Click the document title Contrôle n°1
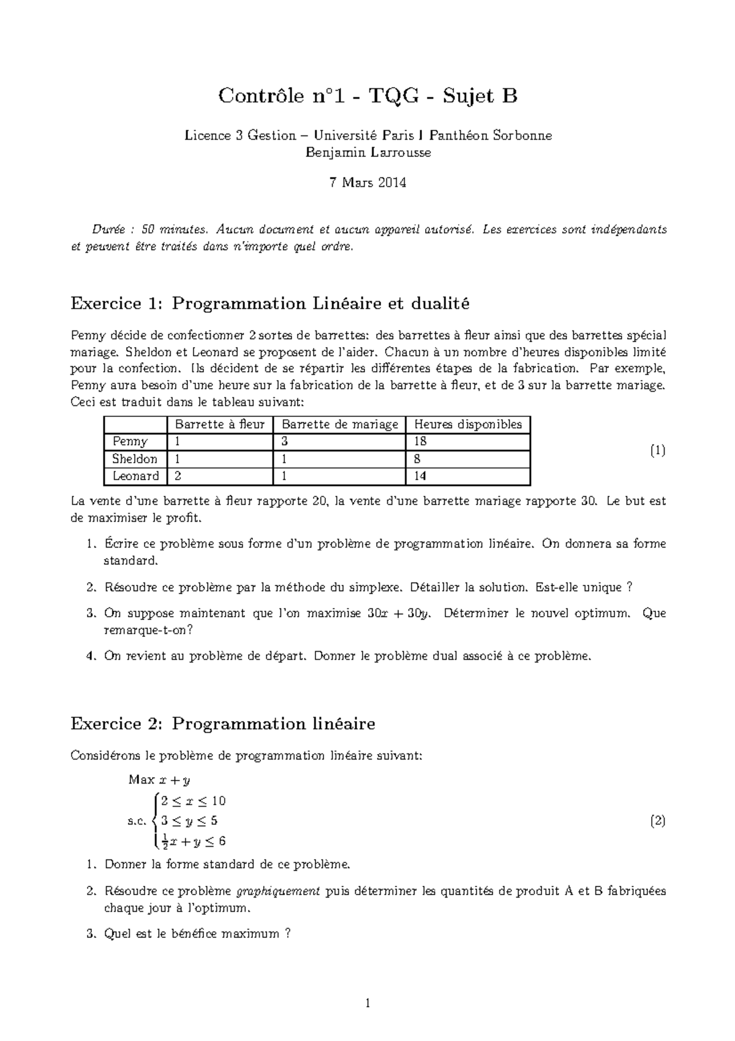point(368,96)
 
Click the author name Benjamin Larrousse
point(368,153)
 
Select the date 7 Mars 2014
point(368,183)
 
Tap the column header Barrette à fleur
point(219,424)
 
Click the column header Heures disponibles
point(468,424)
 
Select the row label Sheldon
point(134,459)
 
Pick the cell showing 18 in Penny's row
point(420,441)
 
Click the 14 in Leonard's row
point(420,476)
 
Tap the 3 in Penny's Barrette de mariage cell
point(285,441)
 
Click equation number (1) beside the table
point(657,451)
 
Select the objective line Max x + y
point(159,780)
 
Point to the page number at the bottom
point(367,1004)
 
